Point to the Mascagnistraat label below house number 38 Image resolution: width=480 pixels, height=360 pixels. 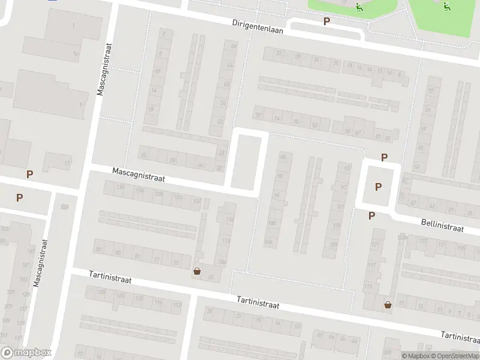tap(138, 175)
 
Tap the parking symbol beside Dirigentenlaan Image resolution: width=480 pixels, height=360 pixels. tap(326, 21)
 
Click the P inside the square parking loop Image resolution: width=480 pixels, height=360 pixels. tap(378, 187)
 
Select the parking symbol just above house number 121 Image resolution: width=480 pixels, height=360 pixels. tap(371, 215)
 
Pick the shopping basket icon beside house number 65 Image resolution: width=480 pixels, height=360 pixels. tap(197, 271)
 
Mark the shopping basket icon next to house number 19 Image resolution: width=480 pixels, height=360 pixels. tap(388, 305)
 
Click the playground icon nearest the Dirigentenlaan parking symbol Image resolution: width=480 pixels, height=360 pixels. tap(359, 8)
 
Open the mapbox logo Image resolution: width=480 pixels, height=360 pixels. tap(26, 353)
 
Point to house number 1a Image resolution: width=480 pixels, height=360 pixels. tap(76, 54)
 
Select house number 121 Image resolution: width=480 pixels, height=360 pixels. tap(374, 246)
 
